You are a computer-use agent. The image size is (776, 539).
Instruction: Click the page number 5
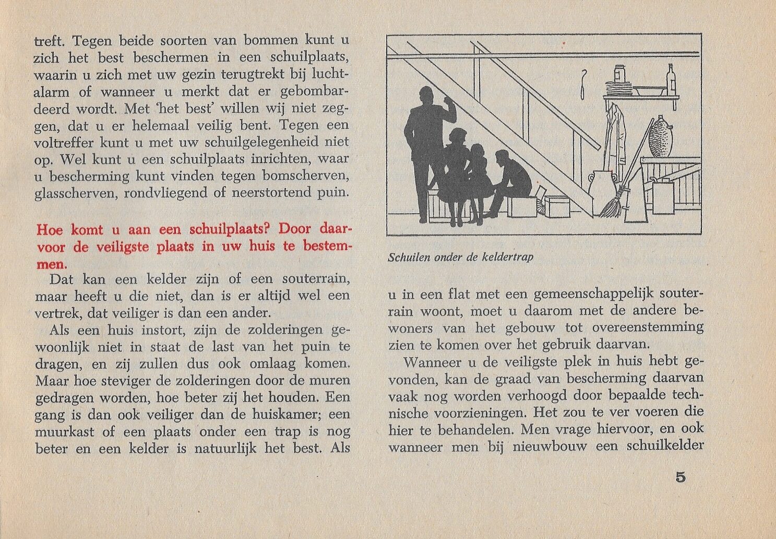pos(680,477)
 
